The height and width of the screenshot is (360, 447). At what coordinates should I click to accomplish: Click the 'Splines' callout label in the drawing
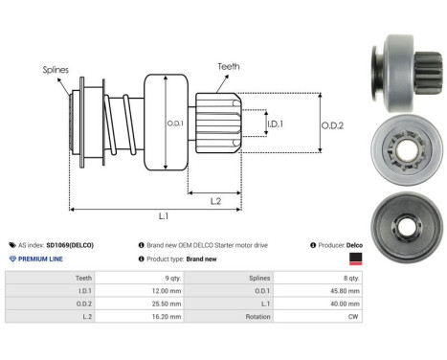[x=55, y=70]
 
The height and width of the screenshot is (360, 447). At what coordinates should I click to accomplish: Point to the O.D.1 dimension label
[x=175, y=123]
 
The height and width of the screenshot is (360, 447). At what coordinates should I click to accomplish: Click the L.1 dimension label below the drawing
[x=164, y=216]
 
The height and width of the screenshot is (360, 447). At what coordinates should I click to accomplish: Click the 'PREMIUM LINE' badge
[x=41, y=259]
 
